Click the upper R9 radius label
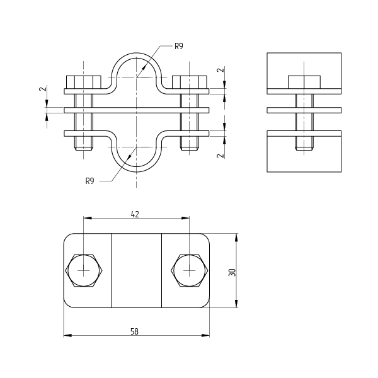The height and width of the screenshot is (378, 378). [x=179, y=46]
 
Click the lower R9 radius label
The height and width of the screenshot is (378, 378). [x=90, y=181]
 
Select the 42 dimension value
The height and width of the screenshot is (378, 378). [x=135, y=214]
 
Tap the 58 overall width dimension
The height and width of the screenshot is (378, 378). [x=135, y=332]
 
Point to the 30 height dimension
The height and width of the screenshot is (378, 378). [x=232, y=272]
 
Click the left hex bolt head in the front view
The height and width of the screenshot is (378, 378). [x=84, y=82]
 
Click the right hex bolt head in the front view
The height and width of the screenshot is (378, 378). [x=190, y=82]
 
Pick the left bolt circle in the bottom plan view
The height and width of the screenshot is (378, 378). [x=84, y=270]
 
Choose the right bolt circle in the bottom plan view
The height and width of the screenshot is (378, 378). [x=190, y=270]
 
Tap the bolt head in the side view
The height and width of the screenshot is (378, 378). [x=304, y=82]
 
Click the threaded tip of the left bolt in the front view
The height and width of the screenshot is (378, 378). [x=84, y=147]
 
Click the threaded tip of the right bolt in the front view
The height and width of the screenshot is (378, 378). [x=190, y=147]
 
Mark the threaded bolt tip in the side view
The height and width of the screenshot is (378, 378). [x=304, y=147]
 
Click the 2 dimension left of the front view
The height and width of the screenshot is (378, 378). [x=43, y=89]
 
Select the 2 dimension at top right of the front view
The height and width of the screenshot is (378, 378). [x=220, y=70]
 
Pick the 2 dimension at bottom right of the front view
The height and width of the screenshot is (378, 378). [x=220, y=156]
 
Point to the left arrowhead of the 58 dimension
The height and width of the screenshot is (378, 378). [x=67, y=335]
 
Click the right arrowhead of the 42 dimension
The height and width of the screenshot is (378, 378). [x=185, y=218]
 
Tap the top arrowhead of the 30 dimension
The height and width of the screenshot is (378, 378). [x=236, y=238]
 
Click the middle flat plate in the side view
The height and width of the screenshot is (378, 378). [x=304, y=110]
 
